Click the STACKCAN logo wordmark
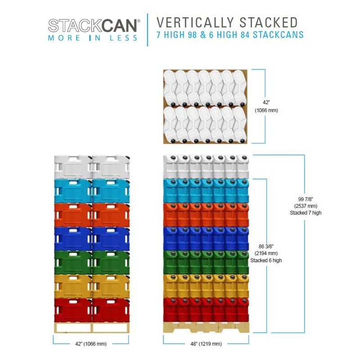click(94, 25)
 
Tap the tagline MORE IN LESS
click(93, 38)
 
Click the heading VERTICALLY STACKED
click(227, 22)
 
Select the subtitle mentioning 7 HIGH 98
click(229, 35)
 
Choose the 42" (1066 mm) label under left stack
click(91, 344)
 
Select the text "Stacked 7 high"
click(306, 213)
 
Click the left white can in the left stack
click(73, 167)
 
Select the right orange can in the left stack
click(111, 215)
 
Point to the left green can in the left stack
click(73, 262)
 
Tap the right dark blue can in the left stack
click(111, 238)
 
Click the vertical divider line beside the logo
click(148, 30)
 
